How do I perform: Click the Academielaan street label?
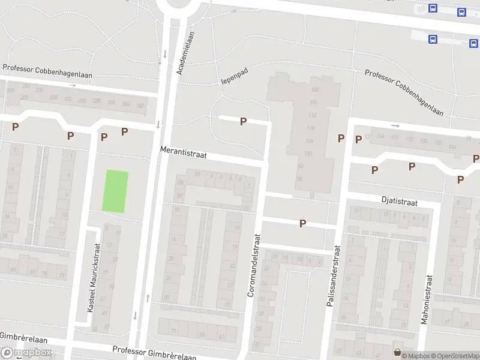(x=187, y=53)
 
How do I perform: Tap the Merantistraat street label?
(x=183, y=154)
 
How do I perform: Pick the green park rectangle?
(x=115, y=191)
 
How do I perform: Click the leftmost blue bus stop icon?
(x=433, y=8)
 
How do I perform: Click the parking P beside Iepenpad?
(x=243, y=121)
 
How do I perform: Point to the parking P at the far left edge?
(x=15, y=127)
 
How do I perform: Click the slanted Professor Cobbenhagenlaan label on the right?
(x=404, y=93)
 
